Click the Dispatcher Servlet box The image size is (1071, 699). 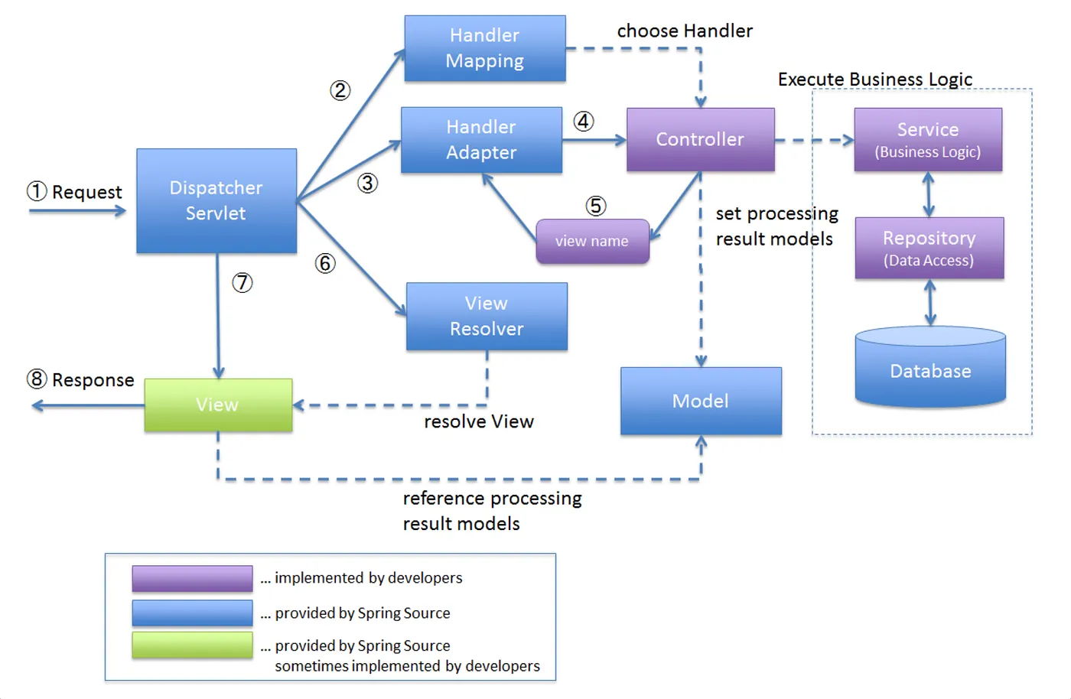[216, 200]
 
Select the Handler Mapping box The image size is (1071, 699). [485, 48]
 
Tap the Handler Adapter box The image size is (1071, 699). [481, 140]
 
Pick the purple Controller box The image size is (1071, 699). [700, 139]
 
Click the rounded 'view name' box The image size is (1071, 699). [592, 241]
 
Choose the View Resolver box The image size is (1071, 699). [487, 316]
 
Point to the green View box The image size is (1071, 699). [218, 405]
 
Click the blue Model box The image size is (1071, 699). [701, 401]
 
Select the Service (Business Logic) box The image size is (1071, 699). [928, 139]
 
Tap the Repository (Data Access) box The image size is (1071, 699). [929, 248]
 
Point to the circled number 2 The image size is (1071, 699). [340, 91]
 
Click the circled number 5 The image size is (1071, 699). [596, 206]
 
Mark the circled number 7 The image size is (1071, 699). [243, 283]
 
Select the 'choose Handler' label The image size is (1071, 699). [685, 31]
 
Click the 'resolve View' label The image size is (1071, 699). [479, 421]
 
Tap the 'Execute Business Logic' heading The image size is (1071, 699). [875, 80]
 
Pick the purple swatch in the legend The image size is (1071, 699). [192, 578]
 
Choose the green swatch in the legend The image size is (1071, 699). [192, 645]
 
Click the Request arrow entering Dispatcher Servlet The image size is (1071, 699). [77, 211]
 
